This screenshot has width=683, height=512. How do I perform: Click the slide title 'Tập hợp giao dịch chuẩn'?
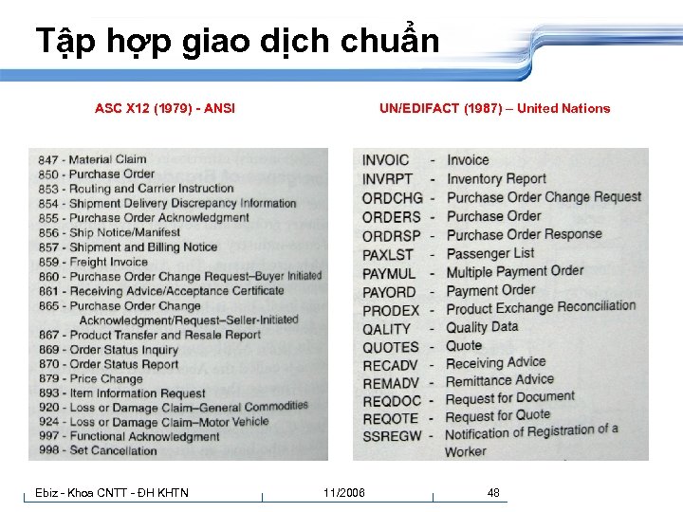(x=237, y=42)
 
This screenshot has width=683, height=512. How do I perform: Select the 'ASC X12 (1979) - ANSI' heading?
(x=165, y=108)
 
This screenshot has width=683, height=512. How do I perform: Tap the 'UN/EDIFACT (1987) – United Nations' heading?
(x=494, y=108)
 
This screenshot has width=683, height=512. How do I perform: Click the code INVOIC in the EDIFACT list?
(x=386, y=160)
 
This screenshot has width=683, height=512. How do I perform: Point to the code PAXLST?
(x=388, y=254)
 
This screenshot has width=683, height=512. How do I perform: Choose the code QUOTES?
(x=390, y=347)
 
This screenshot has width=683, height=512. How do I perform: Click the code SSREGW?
(x=392, y=435)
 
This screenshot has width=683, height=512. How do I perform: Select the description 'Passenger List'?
(x=490, y=253)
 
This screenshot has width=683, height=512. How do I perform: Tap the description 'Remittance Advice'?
(x=500, y=380)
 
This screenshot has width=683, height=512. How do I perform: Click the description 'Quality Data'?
(x=482, y=326)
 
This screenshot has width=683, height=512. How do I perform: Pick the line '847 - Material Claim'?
(x=92, y=160)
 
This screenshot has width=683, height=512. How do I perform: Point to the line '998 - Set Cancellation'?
(x=98, y=450)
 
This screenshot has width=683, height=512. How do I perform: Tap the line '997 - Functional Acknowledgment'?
(x=129, y=436)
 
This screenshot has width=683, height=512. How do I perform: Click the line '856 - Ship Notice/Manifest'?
(x=109, y=232)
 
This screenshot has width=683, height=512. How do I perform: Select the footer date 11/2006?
(x=343, y=493)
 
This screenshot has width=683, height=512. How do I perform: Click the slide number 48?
(x=493, y=493)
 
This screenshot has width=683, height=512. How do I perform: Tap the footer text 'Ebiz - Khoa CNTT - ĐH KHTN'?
(x=112, y=493)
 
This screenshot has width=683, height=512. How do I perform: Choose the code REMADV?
(x=391, y=383)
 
